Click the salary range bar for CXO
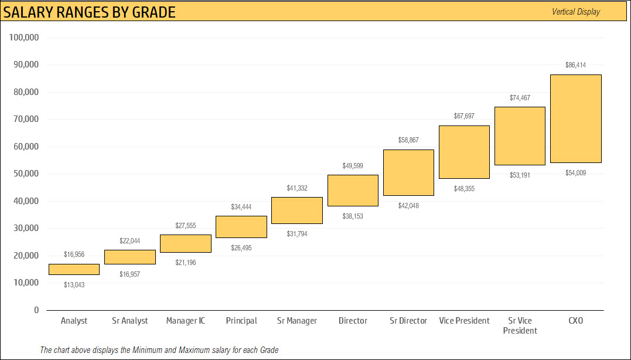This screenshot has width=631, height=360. click(575, 118)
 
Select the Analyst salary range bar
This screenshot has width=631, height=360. click(74, 269)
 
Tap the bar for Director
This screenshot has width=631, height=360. click(353, 191)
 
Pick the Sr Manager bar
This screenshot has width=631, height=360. click(297, 210)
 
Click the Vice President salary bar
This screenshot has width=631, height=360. click(464, 152)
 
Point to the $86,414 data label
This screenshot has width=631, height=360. click(575, 65)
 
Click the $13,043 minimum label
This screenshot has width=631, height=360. click(74, 284)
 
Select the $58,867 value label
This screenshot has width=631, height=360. click(408, 140)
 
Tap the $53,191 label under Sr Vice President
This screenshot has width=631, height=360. click(520, 175)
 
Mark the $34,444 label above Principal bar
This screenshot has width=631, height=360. click(241, 207)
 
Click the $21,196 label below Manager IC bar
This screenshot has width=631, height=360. click(186, 262)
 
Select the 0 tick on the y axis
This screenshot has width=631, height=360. click(36, 310)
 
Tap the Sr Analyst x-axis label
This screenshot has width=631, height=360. click(130, 321)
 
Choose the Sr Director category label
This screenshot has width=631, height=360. click(408, 321)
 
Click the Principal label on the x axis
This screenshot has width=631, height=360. click(241, 321)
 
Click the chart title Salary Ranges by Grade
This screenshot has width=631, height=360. click(90, 12)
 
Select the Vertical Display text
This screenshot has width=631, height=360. click(576, 12)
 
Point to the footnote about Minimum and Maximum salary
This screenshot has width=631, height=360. click(159, 350)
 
